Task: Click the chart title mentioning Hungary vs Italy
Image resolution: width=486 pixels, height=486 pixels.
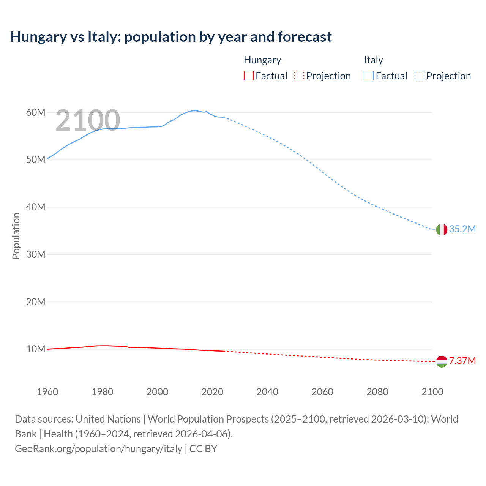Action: tap(171, 37)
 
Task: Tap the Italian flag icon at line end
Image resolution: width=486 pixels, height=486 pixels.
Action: tap(442, 229)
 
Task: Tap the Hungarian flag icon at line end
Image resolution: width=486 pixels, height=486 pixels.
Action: tap(442, 361)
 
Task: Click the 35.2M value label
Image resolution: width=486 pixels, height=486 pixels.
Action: tap(462, 229)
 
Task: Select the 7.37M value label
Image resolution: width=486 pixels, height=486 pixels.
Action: tap(462, 361)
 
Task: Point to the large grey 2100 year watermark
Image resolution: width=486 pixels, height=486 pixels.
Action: tap(88, 120)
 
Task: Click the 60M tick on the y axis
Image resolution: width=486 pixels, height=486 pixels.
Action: tap(36, 112)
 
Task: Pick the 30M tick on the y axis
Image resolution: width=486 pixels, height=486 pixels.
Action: tap(36, 254)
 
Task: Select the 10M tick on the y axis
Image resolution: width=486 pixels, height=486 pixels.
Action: tap(36, 349)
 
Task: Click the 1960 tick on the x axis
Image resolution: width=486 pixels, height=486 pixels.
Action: tap(47, 392)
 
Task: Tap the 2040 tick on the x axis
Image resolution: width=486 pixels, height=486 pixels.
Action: tap(267, 392)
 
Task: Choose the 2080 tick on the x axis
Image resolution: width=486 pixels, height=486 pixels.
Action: tap(377, 392)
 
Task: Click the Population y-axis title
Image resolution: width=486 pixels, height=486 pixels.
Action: tap(16, 236)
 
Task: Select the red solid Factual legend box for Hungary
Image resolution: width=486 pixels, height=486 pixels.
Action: tap(248, 76)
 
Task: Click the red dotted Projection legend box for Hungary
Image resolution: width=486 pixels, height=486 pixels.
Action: tap(299, 76)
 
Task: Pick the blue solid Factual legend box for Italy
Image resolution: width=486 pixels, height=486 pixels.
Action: tap(368, 76)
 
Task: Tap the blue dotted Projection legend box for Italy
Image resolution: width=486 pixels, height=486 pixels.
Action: tap(420, 76)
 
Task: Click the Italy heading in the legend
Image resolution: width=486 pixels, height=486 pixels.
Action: tap(373, 60)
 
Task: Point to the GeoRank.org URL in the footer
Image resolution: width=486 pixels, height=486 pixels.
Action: tap(98, 449)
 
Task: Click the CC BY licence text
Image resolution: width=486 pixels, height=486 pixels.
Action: tap(203, 449)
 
